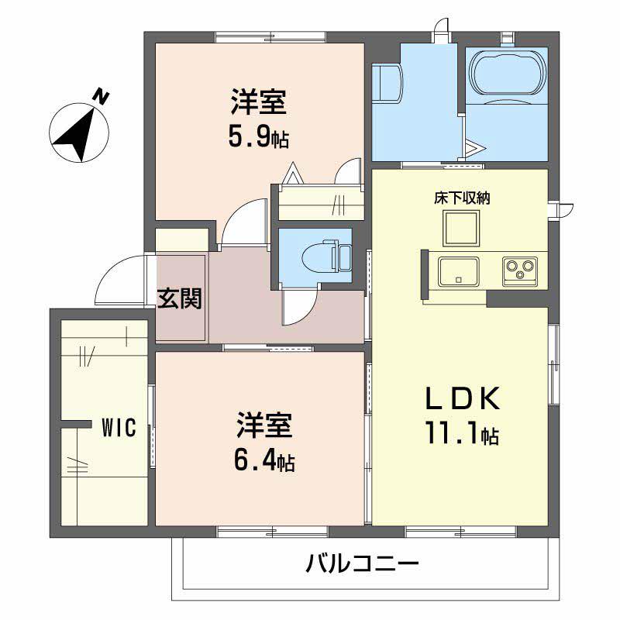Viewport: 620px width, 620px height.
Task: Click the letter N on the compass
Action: point(102,95)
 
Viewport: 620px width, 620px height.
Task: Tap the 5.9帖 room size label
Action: point(259,137)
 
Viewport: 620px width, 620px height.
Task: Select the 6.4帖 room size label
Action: point(263,462)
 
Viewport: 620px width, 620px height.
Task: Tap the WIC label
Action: point(119,427)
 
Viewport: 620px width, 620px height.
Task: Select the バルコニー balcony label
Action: point(361,562)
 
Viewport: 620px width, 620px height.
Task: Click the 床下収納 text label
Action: point(462,198)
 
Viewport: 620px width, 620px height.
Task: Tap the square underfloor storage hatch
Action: point(462,226)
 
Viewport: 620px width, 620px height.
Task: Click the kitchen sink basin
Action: point(459,270)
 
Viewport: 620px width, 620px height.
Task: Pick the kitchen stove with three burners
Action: point(520,270)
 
